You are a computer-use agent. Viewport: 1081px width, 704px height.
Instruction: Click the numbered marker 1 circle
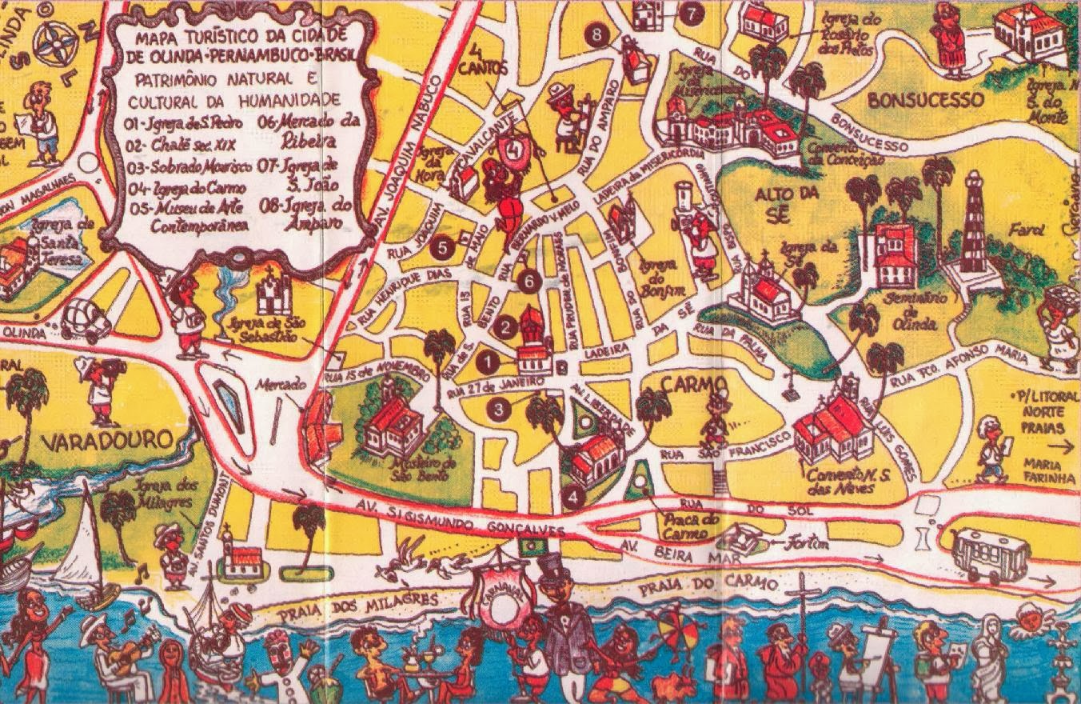pyautogui.click(x=486, y=362)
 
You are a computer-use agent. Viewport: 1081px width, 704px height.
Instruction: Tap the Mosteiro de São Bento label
pyautogui.click(x=421, y=470)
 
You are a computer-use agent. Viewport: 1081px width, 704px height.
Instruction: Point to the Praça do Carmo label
pyautogui.click(x=684, y=526)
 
